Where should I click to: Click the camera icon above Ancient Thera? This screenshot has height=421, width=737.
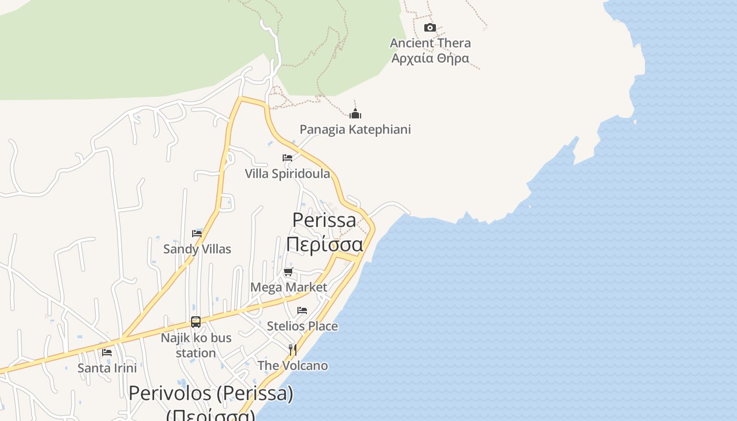430,27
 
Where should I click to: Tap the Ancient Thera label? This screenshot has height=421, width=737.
430,43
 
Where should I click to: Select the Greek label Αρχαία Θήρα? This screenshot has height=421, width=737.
430,57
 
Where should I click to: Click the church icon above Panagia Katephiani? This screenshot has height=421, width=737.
355,114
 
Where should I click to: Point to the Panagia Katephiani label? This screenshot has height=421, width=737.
355,129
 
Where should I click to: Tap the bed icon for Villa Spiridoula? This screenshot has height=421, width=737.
287,157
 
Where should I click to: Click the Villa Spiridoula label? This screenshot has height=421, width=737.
287,173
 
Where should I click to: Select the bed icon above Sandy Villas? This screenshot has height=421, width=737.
197,233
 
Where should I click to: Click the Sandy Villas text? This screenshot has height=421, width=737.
197,249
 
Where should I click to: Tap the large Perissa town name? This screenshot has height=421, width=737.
324,220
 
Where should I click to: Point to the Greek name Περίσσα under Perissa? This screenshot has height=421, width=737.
324,245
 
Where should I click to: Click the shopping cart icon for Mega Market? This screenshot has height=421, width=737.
288,272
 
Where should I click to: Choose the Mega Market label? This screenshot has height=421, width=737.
288,287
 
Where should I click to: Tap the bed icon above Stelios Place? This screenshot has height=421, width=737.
302,310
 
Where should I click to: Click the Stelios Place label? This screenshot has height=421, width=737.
302,326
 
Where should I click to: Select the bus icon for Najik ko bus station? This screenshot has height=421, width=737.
196,322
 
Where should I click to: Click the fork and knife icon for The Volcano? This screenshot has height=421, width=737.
293,349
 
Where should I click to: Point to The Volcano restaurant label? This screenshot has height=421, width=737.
293,365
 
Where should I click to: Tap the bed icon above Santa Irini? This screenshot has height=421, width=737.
107,352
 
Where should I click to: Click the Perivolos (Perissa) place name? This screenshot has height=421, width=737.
211,393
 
